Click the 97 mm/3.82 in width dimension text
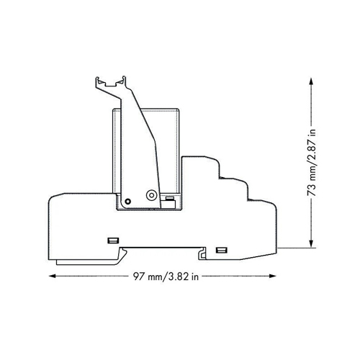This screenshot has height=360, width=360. (x=166, y=276)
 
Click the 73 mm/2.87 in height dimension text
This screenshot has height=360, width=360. (x=312, y=163)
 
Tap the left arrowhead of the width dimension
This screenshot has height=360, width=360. (x=53, y=276)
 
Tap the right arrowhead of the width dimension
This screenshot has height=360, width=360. (x=273, y=276)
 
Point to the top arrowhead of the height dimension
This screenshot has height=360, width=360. (x=311, y=81)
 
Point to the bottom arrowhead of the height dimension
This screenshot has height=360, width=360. (x=311, y=244)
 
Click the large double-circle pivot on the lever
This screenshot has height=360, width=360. (x=151, y=195)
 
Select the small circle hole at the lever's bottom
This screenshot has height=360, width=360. (x=128, y=201)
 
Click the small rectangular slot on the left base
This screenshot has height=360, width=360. (x=113, y=240)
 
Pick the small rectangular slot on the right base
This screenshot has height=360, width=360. (x=221, y=251)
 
